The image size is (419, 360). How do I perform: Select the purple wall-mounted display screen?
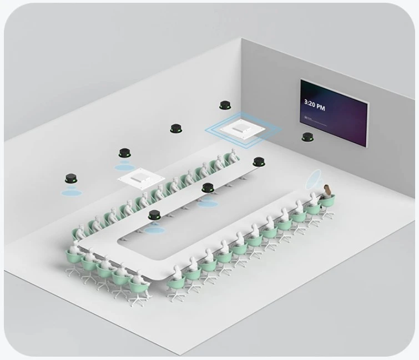point(334,113)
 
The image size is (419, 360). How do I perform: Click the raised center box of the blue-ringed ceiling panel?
point(242,128)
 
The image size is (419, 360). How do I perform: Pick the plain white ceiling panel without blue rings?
point(140,179)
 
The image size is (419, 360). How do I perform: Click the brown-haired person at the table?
point(328,191)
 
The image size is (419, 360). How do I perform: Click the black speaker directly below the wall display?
point(307,136)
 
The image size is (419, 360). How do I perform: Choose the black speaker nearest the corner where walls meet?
point(225,105)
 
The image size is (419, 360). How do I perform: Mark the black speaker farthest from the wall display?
point(70,179)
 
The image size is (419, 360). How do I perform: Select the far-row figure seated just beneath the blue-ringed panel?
point(233,156)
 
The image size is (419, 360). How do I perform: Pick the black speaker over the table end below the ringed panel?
point(259,161)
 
